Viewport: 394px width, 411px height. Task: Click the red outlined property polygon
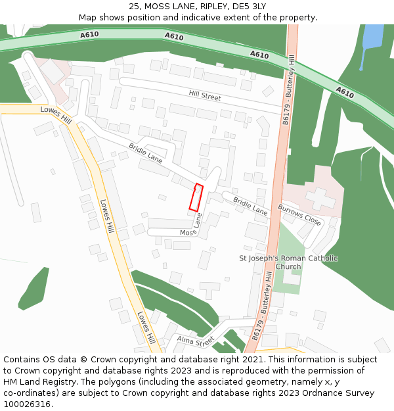click(196, 198)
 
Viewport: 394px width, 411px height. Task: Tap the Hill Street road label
click(205, 96)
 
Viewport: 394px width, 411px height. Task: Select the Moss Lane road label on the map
click(194, 228)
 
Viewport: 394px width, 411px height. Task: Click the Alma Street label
click(196, 341)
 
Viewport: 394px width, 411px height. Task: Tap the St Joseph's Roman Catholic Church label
click(288, 262)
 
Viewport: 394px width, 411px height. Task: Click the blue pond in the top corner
click(372, 38)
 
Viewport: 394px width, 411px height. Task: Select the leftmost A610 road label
click(89, 34)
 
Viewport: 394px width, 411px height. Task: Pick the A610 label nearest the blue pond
click(345, 93)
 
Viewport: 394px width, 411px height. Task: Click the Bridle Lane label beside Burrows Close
click(250, 207)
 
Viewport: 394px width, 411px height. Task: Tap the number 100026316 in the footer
click(27, 404)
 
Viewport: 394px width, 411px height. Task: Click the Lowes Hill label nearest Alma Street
click(146, 327)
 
